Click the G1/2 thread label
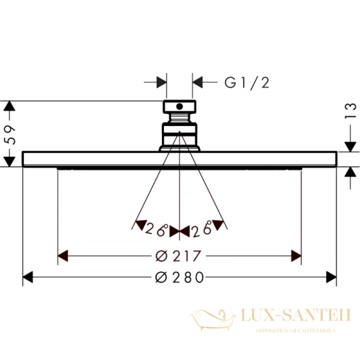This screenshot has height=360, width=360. pyautogui.click(x=247, y=83)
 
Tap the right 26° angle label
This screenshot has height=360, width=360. pyautogui.click(x=202, y=229)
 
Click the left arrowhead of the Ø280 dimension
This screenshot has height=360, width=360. pyautogui.click(x=28, y=277)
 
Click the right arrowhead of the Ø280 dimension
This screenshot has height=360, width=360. pyautogui.click(x=332, y=277)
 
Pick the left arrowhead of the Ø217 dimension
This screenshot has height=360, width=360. pyautogui.click(x=62, y=256)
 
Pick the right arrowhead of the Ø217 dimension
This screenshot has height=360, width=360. pyautogui.click(x=296, y=256)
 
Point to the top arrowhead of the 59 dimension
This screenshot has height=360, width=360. pyautogui.click(x=8, y=106)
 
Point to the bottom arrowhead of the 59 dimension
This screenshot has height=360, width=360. pyautogui.click(x=8, y=161)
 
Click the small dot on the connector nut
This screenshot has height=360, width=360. pyautogui.click(x=178, y=107)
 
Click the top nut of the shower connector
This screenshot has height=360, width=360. pyautogui.click(x=179, y=107)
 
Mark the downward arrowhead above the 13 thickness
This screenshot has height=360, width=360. pyautogui.click(x=349, y=146)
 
